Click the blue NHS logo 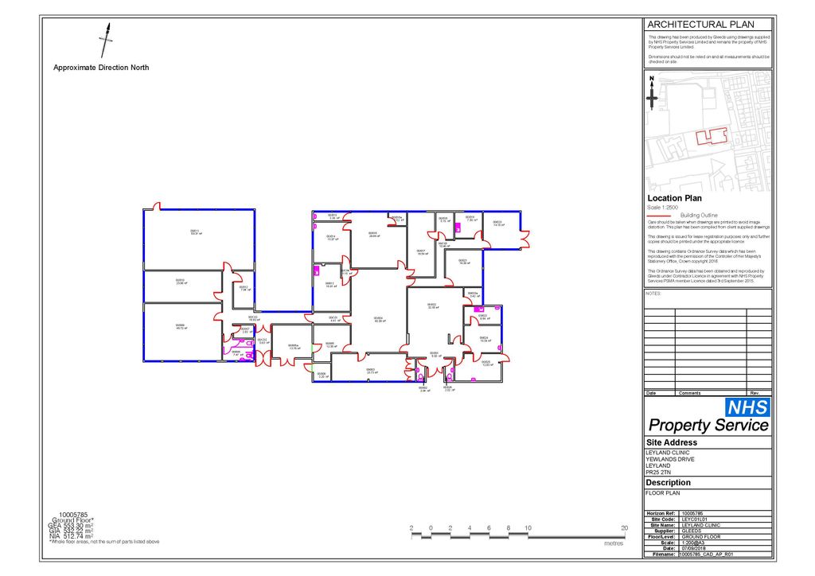[747, 407]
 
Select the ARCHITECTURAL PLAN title [700, 25]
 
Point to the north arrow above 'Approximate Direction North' [104, 39]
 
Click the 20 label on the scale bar [625, 528]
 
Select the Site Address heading [671, 442]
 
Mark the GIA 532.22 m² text [71, 531]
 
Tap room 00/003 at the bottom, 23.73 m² [370, 371]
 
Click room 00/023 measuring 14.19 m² [498, 224]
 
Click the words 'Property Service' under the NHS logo [708, 426]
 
